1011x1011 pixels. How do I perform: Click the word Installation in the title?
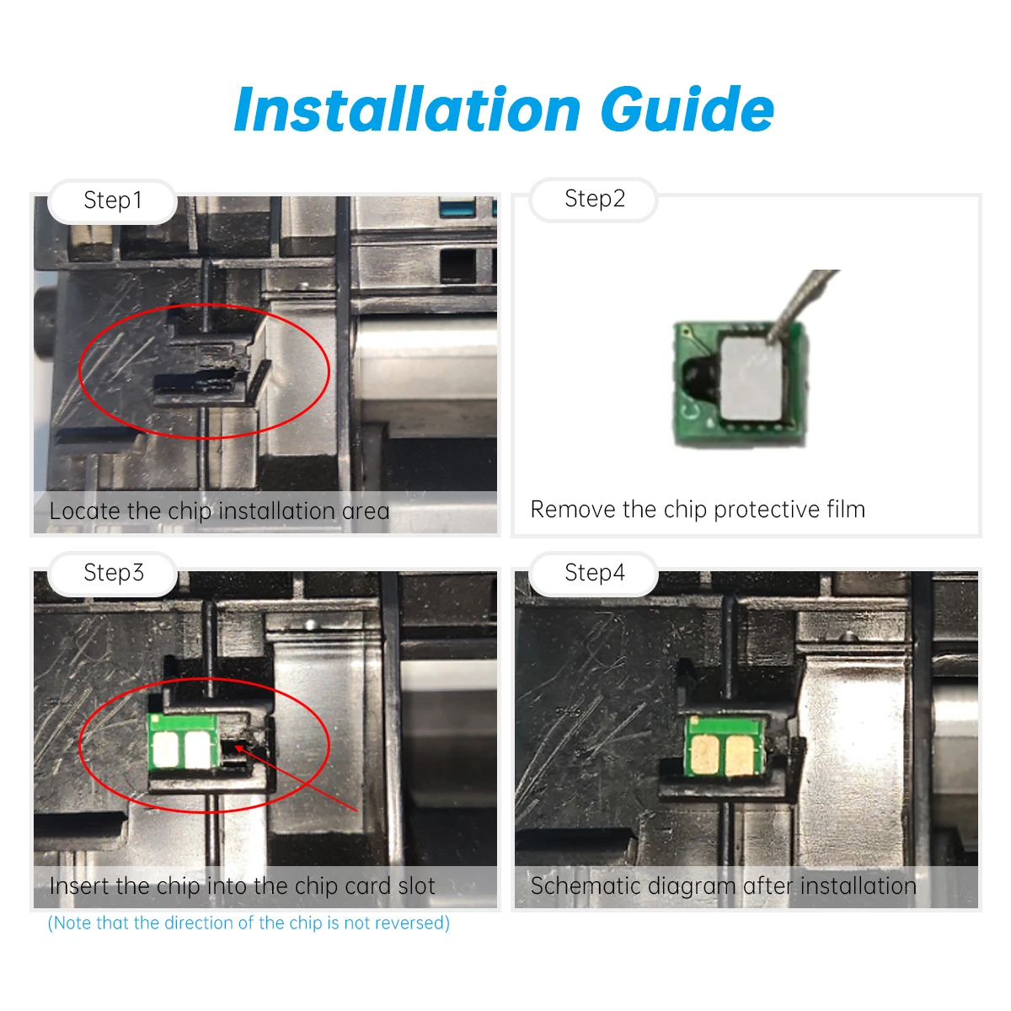point(408,110)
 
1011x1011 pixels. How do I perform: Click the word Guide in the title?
point(687,110)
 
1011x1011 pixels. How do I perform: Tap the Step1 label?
point(113,200)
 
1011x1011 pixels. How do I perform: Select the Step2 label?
point(595,198)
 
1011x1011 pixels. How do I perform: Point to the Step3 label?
point(114,572)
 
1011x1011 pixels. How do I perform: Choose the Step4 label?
point(595,572)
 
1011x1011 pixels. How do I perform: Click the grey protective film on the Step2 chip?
point(754,377)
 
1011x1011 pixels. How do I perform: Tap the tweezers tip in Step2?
point(770,341)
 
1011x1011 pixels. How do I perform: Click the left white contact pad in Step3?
point(166,749)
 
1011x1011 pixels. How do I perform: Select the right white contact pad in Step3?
point(197,749)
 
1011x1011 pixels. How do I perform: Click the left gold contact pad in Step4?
point(704,755)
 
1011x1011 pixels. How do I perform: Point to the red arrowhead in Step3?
point(238,748)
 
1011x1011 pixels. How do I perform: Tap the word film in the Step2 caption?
point(846,510)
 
